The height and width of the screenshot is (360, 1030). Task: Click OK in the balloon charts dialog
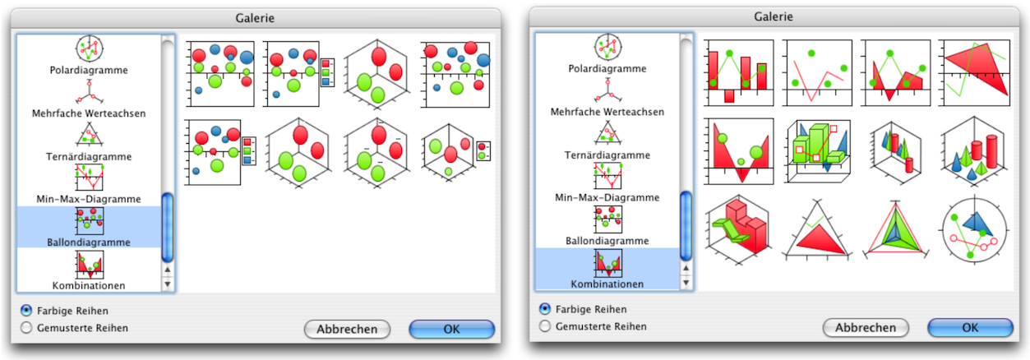451,329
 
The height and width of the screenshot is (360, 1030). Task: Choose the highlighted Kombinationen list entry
607,269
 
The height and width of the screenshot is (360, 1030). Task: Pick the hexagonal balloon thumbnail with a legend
455,151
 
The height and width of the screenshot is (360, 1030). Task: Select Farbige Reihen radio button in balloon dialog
26,311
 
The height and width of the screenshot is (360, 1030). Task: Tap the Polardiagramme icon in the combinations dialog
607,47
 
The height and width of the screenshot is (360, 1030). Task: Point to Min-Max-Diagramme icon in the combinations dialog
607,177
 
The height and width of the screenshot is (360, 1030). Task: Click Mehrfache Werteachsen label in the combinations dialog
607,112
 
